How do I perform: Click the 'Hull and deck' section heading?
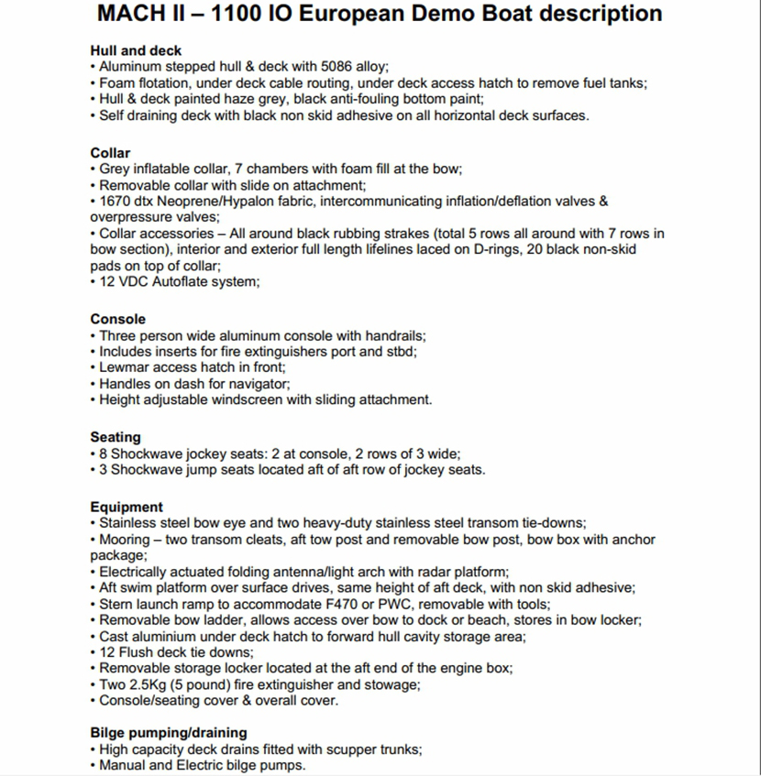point(136,50)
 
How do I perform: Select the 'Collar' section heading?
point(110,153)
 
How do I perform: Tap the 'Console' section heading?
point(117,319)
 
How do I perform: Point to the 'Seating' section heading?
point(116,437)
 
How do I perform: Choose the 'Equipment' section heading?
point(127,507)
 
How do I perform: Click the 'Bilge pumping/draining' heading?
point(169,732)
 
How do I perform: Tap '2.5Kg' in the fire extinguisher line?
point(149,684)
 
